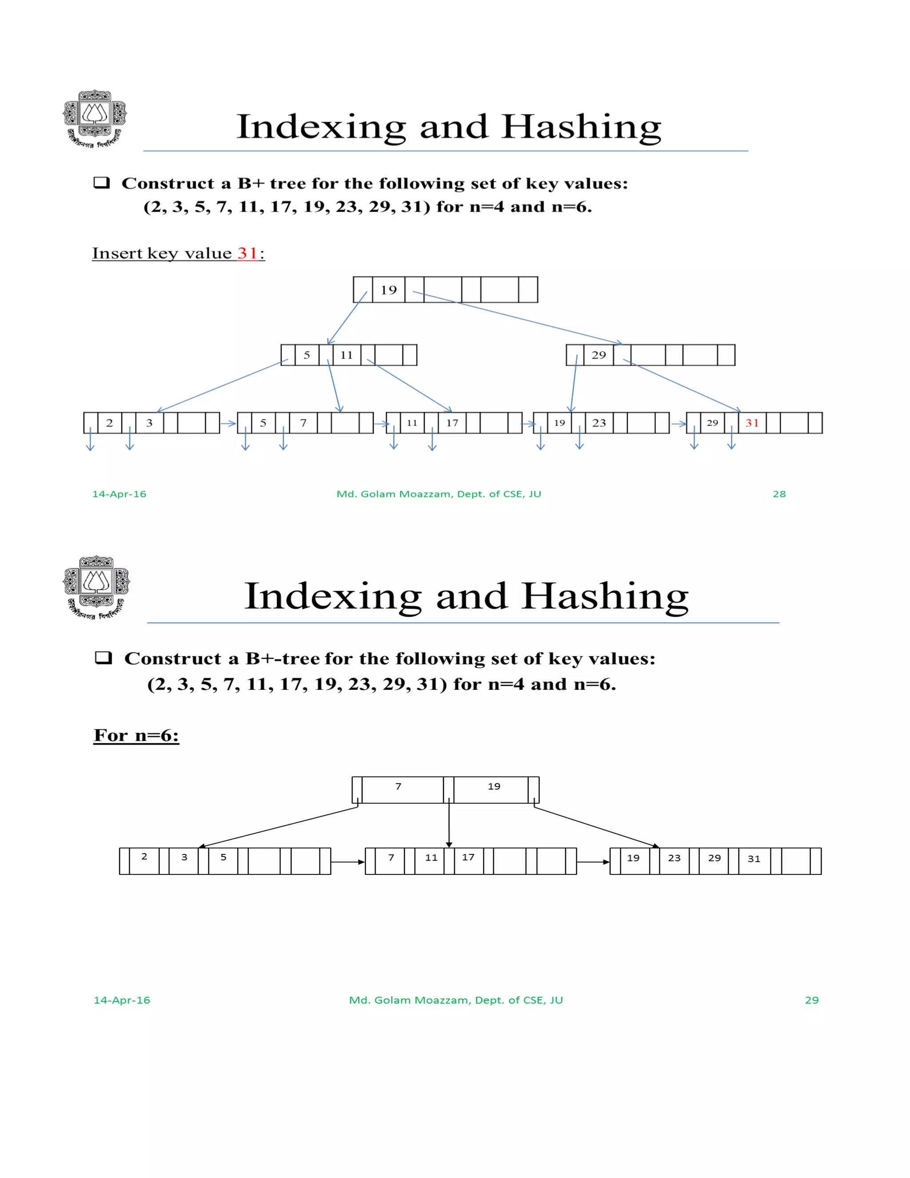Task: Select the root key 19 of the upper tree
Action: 388,290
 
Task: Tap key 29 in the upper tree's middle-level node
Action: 599,355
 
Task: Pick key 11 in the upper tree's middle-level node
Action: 346,355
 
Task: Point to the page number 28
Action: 779,494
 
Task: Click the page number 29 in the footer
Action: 811,1000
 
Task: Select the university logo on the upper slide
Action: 95,119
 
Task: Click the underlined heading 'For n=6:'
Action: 136,735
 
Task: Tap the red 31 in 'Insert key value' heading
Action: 247,253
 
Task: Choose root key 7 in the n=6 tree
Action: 399,786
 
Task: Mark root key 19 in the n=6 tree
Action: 494,786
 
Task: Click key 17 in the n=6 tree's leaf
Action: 468,857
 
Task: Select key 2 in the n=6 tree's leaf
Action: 144,857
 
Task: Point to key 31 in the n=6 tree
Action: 754,859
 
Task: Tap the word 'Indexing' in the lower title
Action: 333,597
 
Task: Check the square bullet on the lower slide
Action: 103,657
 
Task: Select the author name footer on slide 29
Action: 455,1000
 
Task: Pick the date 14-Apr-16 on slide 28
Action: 119,494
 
